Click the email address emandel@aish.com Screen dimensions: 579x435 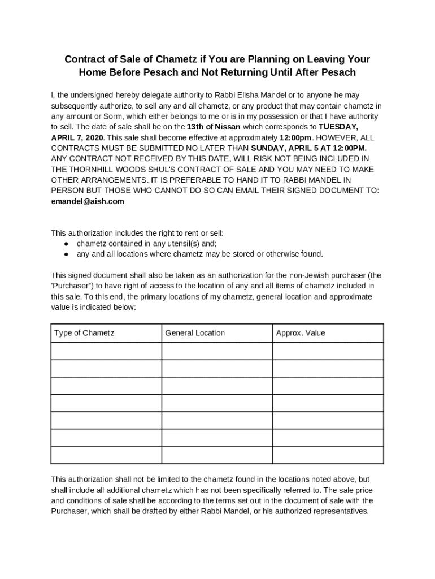88,201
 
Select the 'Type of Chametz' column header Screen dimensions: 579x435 84,333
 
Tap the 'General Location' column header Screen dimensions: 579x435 195,333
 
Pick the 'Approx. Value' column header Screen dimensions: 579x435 301,333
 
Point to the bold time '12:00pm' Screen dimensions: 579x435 295,137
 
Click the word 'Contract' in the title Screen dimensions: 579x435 83,59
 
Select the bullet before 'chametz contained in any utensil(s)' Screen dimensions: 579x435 66,244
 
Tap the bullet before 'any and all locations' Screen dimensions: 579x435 66,254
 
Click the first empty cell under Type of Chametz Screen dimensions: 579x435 106,351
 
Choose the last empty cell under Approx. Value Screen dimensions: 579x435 328,455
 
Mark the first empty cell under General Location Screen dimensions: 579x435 217,351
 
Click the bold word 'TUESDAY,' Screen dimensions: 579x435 338,127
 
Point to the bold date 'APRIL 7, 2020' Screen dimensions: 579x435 77,137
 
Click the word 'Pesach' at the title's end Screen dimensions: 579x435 340,72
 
